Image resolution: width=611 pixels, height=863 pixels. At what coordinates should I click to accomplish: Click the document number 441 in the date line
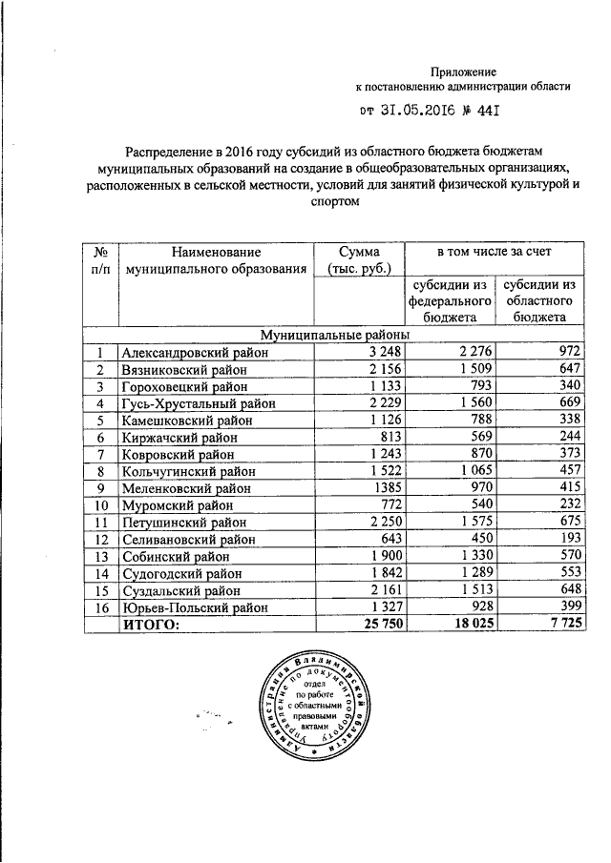489,112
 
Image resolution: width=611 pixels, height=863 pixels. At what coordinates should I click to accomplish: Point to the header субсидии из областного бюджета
541,300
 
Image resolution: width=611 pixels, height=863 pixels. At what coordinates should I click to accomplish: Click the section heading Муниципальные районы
335,336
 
